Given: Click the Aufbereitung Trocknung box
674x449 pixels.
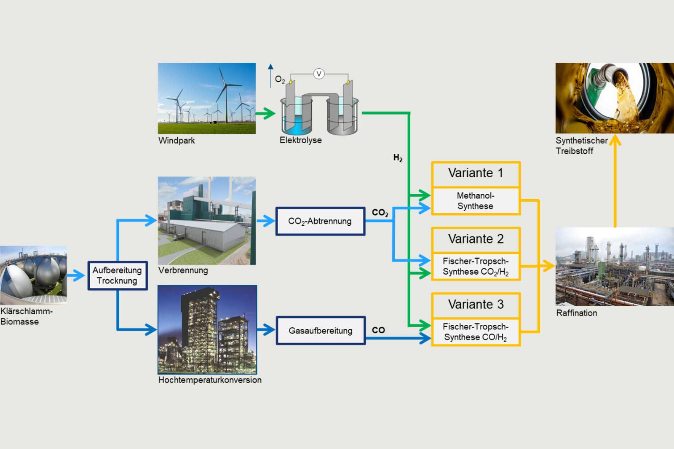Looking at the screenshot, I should coord(118,275).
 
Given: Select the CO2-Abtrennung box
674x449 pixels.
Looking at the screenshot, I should coord(320,221).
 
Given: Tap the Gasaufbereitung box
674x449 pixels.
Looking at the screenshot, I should coord(321,331).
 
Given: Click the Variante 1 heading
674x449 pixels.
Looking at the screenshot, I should coord(476,173).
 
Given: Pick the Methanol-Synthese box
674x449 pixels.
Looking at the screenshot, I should coord(476,201).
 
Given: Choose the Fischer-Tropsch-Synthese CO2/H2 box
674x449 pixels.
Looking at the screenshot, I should coord(476,267).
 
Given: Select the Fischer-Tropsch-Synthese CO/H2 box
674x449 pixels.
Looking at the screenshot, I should coord(476,332).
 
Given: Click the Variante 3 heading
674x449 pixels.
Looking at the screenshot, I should coord(476,305).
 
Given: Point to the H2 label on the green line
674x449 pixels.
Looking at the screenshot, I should coord(398,158).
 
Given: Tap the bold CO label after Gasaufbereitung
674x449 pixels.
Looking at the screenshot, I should coord(378,330).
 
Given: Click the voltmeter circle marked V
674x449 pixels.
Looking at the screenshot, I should coord(319,74).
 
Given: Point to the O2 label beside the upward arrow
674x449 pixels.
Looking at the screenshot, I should coord(280,79).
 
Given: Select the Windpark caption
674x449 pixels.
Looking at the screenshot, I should coord(177,141).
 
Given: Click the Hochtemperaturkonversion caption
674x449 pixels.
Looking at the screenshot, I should coord(210,380).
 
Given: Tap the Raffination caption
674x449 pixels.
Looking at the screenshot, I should coord(576,313).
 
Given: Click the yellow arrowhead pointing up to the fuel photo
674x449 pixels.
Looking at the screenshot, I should coord(615,141).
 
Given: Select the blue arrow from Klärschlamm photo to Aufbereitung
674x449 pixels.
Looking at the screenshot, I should coord(76,275).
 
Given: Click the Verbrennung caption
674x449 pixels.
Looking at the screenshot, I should coord(183,270).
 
